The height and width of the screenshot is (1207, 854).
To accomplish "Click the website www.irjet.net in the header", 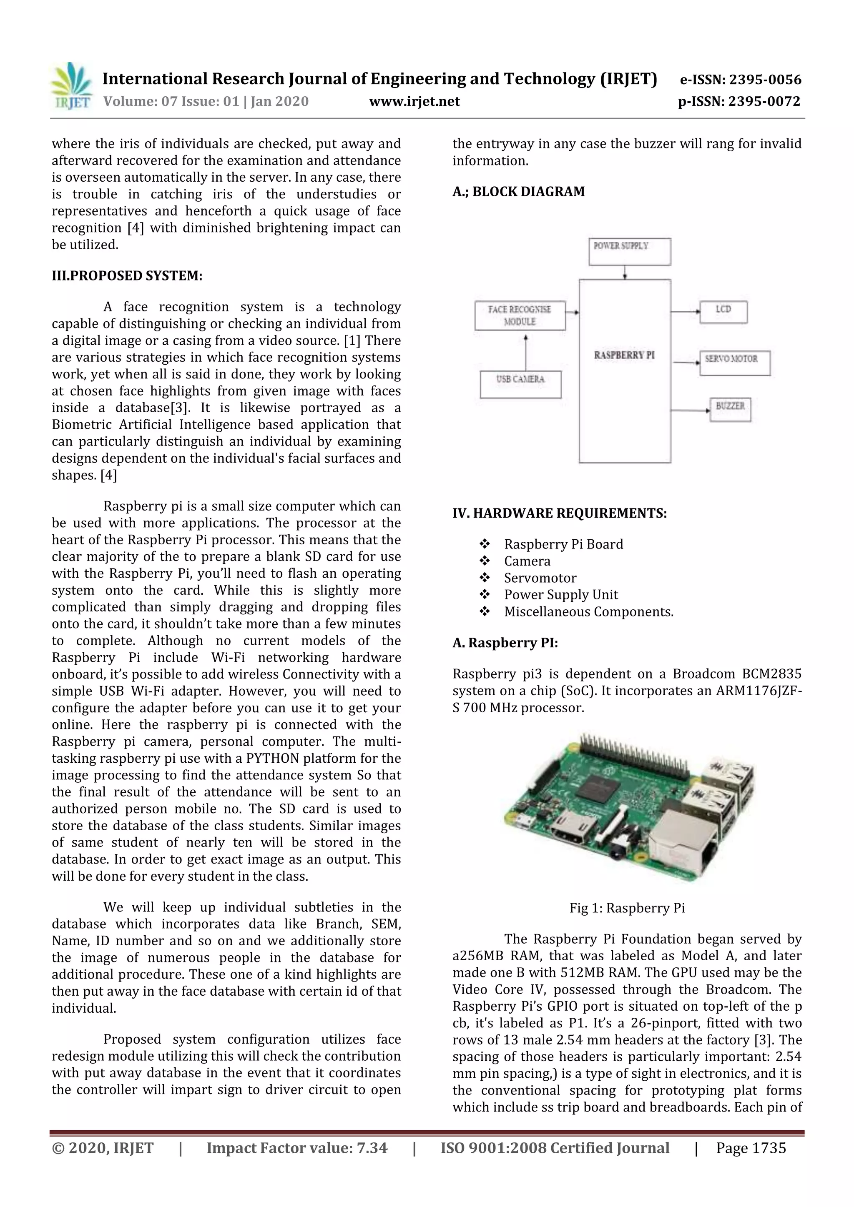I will [x=414, y=101].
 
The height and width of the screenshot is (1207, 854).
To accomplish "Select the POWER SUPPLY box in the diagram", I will [x=630, y=251].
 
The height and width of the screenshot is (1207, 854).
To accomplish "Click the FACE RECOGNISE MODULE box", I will [x=520, y=316].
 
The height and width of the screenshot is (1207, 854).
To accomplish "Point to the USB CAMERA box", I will [x=520, y=384].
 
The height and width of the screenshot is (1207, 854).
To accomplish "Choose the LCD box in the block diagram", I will [x=723, y=312].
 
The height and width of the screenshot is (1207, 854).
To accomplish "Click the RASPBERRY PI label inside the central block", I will [x=624, y=356].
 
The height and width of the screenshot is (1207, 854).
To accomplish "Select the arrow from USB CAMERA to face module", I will [x=526, y=351].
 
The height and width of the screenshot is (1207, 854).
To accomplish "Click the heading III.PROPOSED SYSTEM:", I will [x=127, y=276].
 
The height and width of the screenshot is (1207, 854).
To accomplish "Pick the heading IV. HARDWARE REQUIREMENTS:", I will [x=560, y=513].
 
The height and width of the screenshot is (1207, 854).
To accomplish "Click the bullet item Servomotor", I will [x=540, y=578].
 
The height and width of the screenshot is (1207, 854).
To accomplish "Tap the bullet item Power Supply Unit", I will [x=560, y=595].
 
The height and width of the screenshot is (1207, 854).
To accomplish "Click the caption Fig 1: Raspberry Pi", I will [x=627, y=908].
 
